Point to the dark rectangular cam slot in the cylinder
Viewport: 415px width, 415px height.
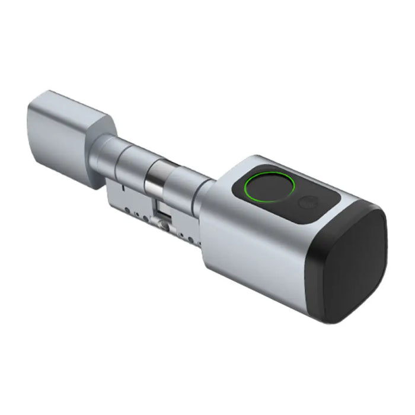(161, 210)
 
